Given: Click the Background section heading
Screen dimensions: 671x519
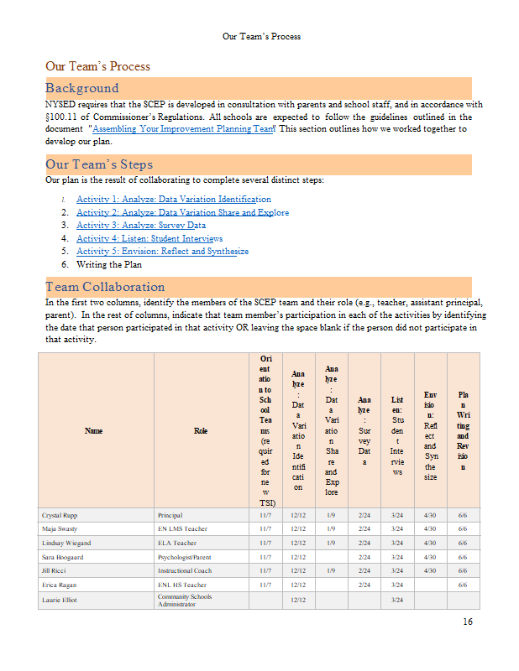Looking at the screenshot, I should point(82,88).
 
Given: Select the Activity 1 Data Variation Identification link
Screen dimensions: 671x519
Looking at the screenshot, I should point(173,200).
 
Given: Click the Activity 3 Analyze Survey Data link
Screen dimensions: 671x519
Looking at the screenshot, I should point(140,226).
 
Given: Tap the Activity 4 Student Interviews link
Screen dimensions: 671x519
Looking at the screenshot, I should point(149,238).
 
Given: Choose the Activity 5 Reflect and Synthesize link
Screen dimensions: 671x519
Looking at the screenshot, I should point(162,251).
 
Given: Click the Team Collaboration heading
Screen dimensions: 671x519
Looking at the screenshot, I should point(105,287).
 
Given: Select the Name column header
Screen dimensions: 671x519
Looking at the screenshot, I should point(94,431).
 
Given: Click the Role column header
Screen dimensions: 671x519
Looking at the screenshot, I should point(201,431).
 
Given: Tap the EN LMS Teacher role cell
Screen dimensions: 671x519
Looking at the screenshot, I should point(181,529).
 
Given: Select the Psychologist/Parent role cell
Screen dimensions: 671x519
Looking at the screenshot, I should point(186,557).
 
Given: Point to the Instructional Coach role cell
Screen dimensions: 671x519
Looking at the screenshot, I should point(185,571).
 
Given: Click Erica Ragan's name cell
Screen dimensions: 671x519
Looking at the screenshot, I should point(60,585).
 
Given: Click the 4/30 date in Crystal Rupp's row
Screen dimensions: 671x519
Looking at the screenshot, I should point(430,515).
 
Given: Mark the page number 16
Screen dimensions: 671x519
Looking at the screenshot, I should point(467,622).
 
